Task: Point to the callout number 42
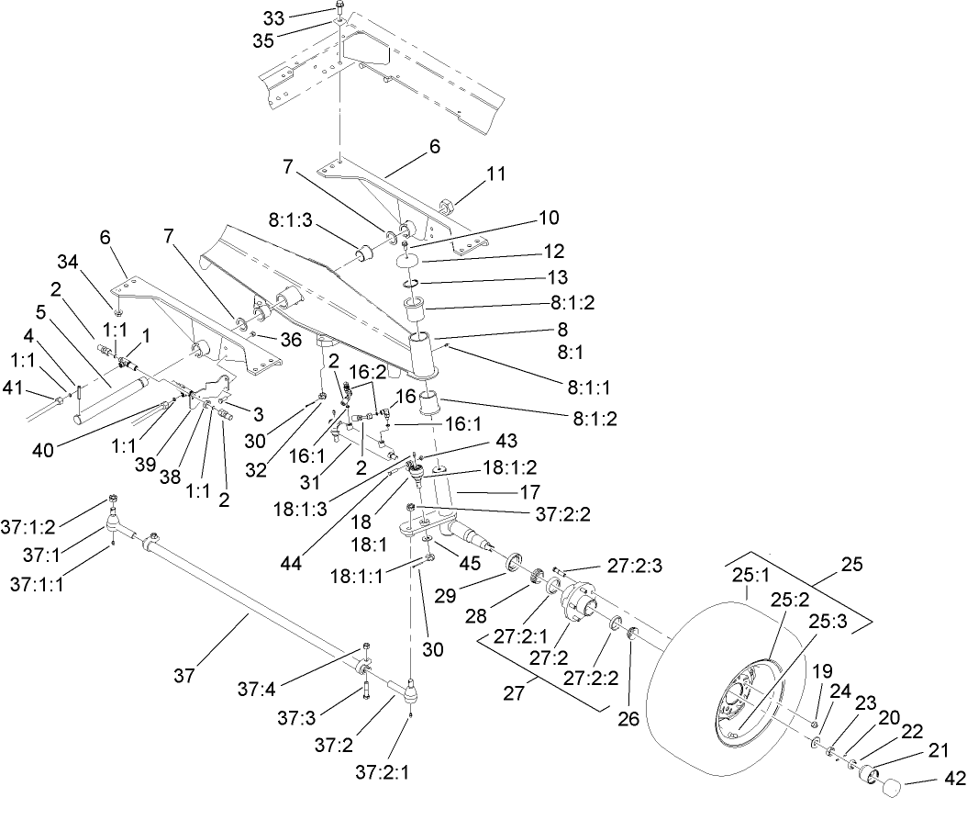point(954,779)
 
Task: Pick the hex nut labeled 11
point(448,205)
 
